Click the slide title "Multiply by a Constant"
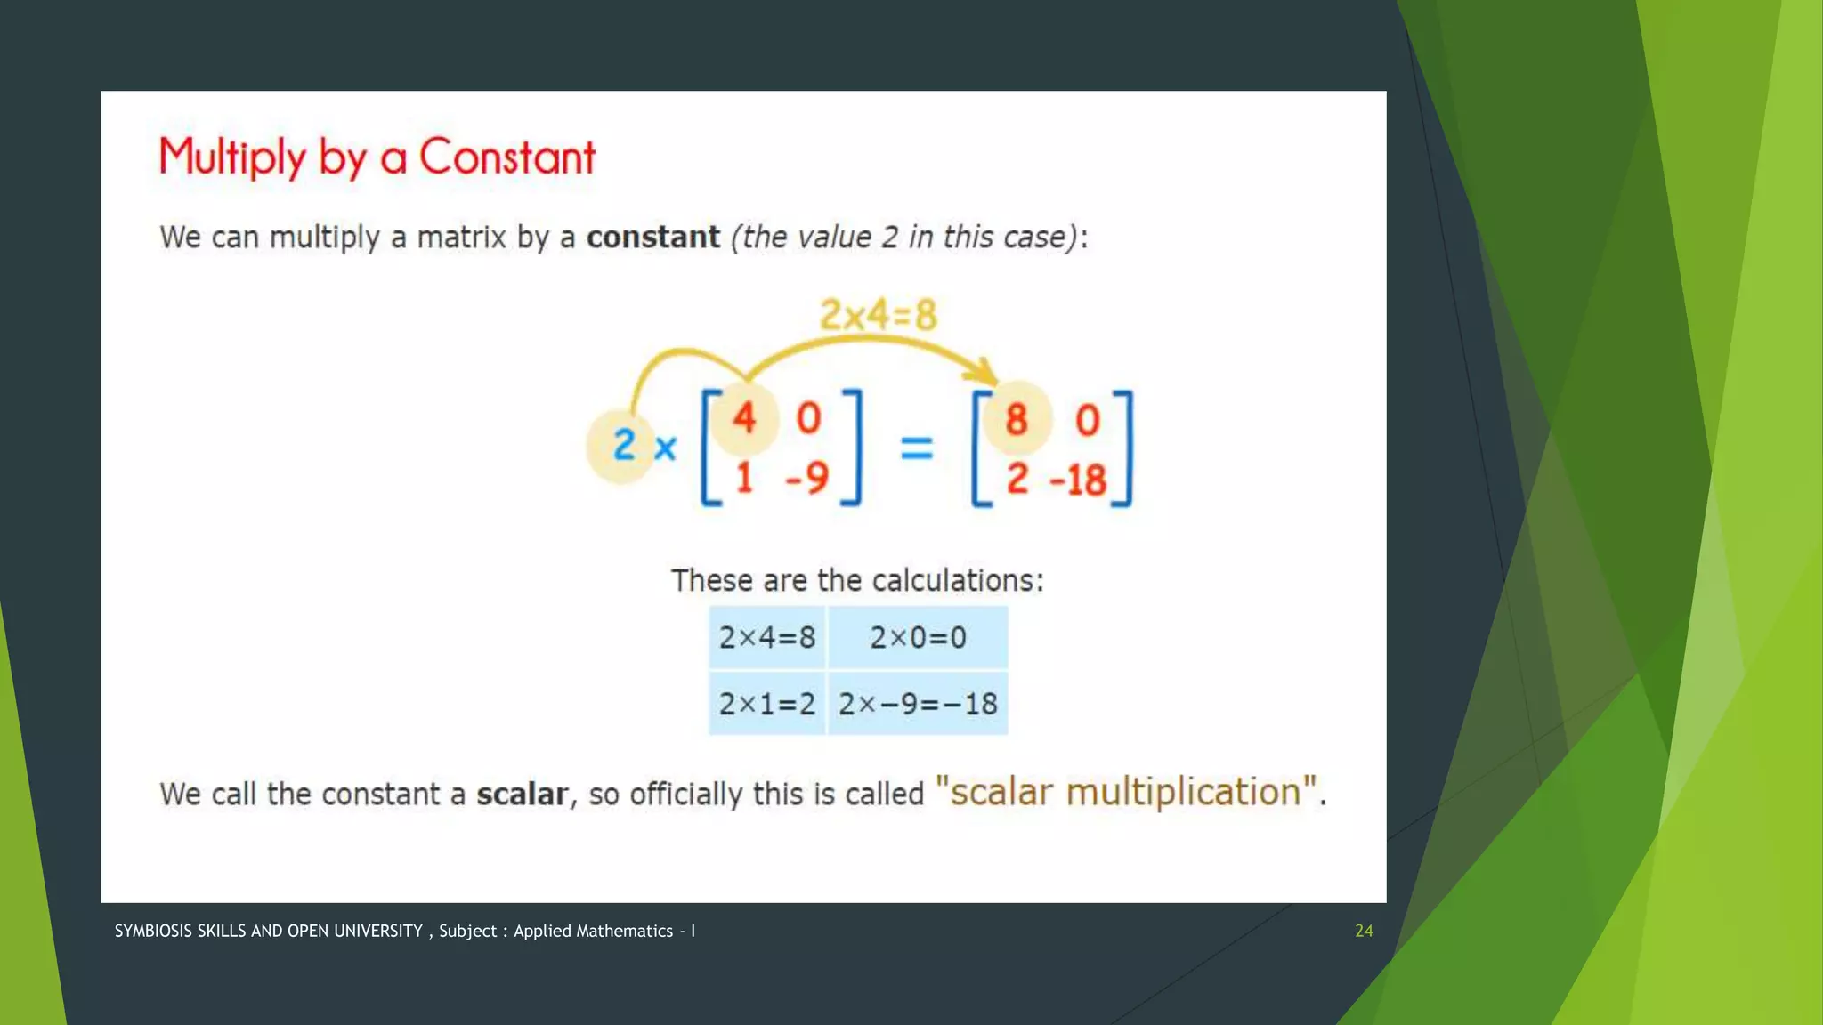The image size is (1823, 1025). click(x=377, y=157)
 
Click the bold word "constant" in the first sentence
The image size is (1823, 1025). click(x=652, y=238)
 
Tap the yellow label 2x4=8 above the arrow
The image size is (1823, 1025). click(x=878, y=315)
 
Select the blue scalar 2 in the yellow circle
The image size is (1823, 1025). click(x=624, y=445)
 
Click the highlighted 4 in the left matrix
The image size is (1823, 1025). click(x=744, y=417)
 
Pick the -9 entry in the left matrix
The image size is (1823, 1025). click(x=807, y=478)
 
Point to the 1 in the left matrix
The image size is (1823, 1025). click(x=744, y=478)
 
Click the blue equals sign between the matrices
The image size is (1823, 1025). click(x=917, y=448)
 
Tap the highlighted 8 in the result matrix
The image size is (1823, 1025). click(x=1017, y=419)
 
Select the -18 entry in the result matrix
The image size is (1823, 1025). click(x=1078, y=480)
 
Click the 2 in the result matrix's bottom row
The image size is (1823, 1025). click(x=1017, y=480)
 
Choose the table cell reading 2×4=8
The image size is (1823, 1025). click(x=767, y=637)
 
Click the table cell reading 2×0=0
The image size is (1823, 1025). click(x=918, y=637)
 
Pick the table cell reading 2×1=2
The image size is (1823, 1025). click(x=767, y=704)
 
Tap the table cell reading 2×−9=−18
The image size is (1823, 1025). click(x=918, y=704)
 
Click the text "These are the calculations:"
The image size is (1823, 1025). click(x=857, y=580)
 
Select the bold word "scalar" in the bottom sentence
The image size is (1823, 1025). click(x=522, y=794)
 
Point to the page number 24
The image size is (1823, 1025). click(x=1364, y=931)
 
